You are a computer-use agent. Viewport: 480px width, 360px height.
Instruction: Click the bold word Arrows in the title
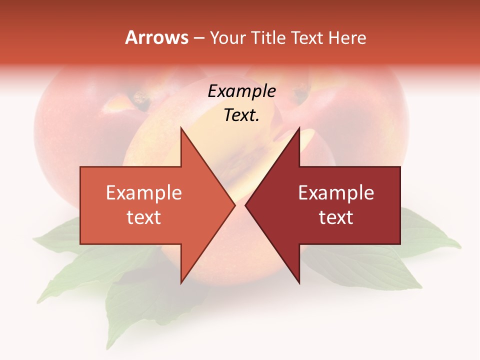coord(156,37)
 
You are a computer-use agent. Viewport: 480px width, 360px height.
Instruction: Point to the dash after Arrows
coord(199,38)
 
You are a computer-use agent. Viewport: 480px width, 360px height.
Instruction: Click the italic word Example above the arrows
coord(241,91)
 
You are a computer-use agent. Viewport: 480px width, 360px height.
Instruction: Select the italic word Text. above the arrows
coord(241,115)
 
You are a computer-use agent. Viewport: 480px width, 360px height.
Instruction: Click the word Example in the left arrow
coord(144,193)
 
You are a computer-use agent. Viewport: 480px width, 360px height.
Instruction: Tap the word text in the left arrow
coord(144,217)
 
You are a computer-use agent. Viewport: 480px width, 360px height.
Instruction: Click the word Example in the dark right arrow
coord(336,193)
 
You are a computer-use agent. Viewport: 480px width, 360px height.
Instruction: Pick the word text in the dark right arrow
coord(336,217)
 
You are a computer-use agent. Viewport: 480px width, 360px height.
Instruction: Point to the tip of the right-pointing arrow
coord(235,205)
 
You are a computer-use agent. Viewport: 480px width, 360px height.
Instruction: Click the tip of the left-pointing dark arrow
coord(245,205)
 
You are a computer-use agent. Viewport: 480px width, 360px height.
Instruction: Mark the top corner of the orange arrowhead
coord(181,128)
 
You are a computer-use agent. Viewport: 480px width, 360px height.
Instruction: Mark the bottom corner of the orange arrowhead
coord(181,283)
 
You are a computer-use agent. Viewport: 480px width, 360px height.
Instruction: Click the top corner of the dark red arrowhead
coord(299,128)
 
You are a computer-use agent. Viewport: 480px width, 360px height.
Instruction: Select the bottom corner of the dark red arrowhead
coord(299,283)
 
